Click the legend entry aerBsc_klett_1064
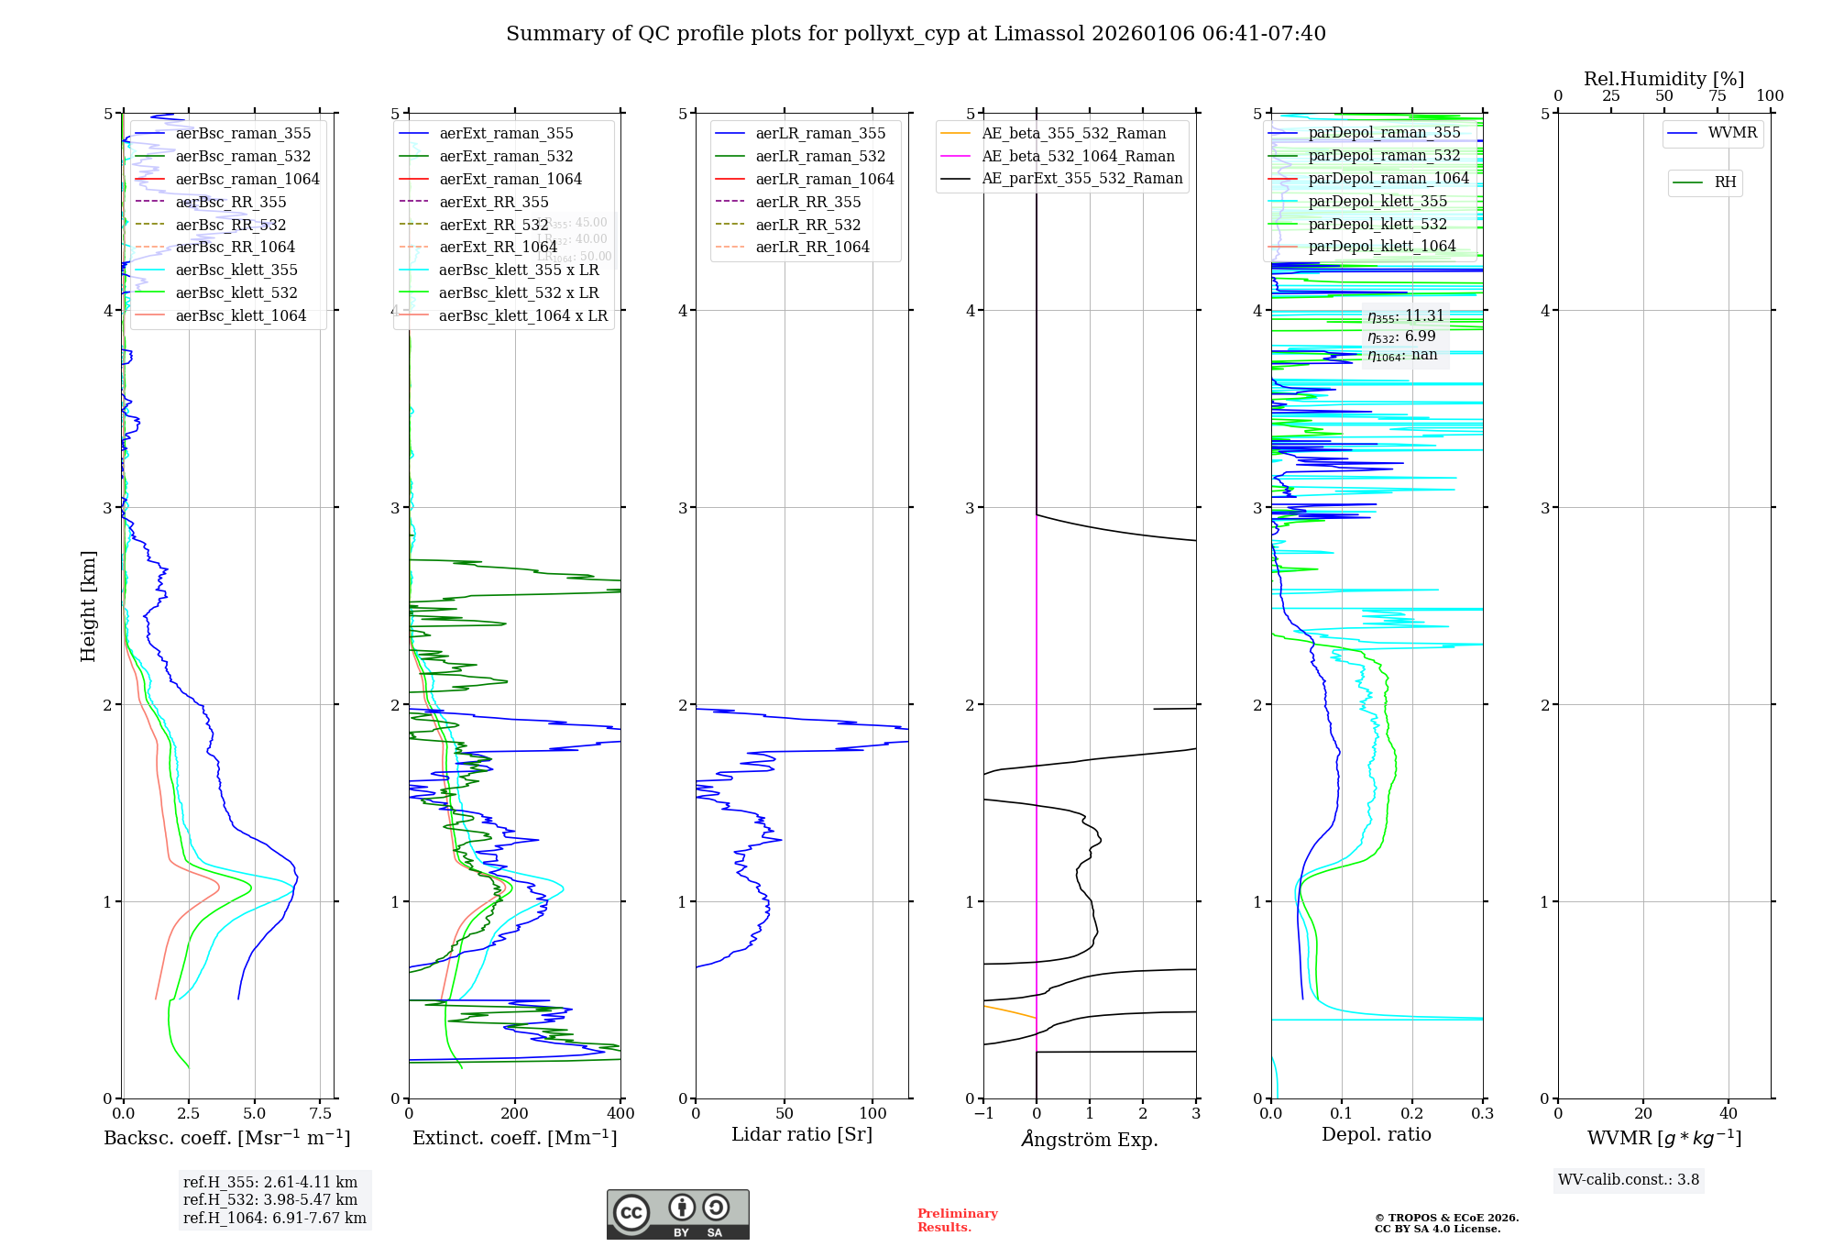point(240,315)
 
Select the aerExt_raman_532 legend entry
point(506,156)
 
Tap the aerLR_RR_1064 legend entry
point(812,247)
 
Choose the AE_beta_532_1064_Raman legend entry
point(1078,156)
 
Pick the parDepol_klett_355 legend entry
point(1377,201)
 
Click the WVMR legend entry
point(1732,133)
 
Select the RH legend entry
point(1725,182)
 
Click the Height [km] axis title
point(88,605)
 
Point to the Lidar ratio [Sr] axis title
point(802,1134)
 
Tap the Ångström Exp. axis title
point(1090,1139)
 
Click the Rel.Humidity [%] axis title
point(1663,79)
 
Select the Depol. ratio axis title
point(1376,1134)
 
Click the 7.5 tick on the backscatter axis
point(320,1113)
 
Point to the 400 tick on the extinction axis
point(620,1113)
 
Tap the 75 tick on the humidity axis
point(1717,96)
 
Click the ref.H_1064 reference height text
point(274,1218)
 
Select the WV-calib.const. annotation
point(1629,1179)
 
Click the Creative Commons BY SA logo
point(677,1214)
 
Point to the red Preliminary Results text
point(957,1219)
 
